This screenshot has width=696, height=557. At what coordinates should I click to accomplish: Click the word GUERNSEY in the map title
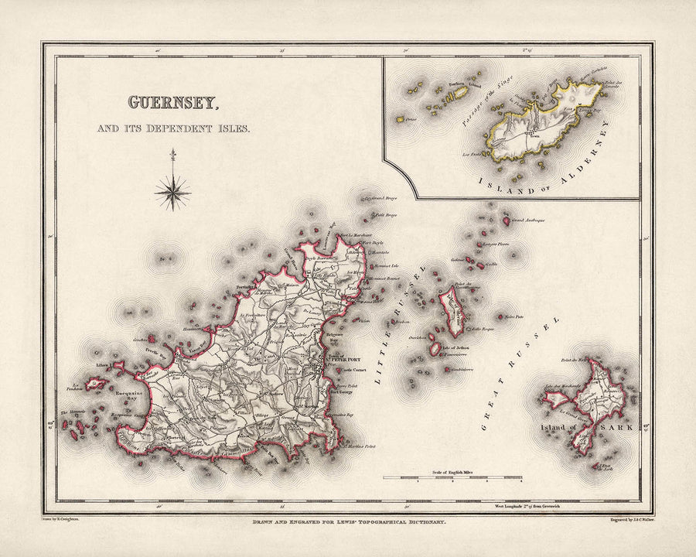coord(172,102)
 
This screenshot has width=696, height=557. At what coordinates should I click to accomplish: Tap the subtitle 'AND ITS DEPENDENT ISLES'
coord(173,128)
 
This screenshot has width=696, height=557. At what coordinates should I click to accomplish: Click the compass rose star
coord(172,189)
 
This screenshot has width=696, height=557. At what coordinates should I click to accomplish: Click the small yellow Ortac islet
coord(401,120)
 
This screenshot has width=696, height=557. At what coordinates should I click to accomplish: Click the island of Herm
coord(452,309)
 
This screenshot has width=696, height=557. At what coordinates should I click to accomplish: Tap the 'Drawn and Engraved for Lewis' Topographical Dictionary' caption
coord(347,524)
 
